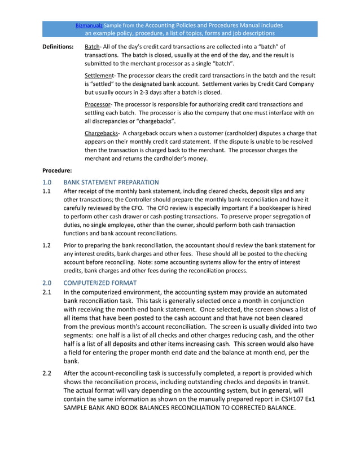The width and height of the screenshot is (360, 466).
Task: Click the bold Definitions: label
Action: [x=58, y=46]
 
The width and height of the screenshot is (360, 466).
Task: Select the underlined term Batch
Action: [x=92, y=46]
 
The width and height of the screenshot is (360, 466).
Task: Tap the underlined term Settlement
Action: [x=99, y=75]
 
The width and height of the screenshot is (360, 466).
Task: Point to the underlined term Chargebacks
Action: [x=100, y=133]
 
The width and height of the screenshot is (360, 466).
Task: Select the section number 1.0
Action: [x=47, y=182]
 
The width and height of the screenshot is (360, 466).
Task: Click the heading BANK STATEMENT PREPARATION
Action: [x=111, y=182]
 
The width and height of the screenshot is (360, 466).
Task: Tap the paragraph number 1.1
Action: [x=47, y=191]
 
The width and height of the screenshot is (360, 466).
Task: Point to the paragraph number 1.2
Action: [x=47, y=245]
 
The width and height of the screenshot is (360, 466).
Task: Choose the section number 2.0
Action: [x=47, y=282]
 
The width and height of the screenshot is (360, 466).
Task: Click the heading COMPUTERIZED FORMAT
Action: [x=100, y=282]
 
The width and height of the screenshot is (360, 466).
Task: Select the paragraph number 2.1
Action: [x=49, y=292]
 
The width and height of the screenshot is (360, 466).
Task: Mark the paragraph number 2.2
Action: [x=49, y=373]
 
